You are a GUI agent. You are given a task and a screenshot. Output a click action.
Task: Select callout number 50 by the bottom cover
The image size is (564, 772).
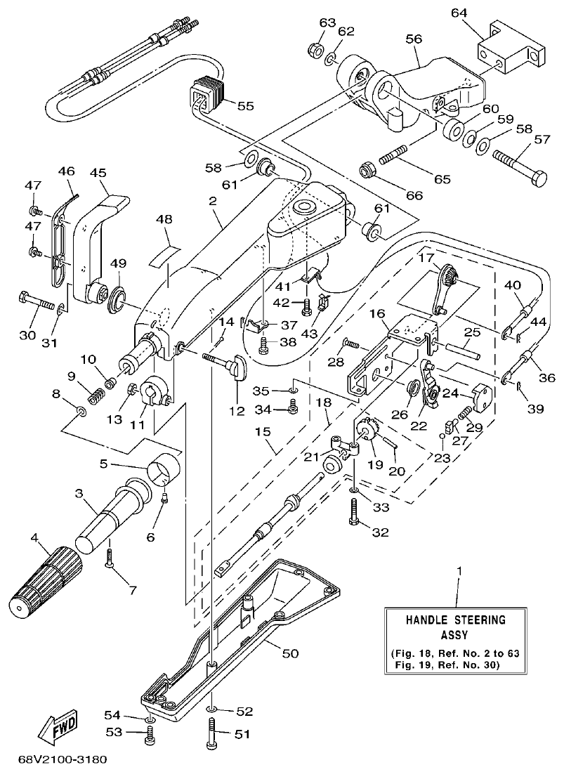(289, 653)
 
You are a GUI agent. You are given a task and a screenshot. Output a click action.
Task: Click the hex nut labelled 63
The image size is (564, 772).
(315, 51)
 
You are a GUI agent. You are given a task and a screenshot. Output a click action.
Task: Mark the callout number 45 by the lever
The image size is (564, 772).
(98, 173)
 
